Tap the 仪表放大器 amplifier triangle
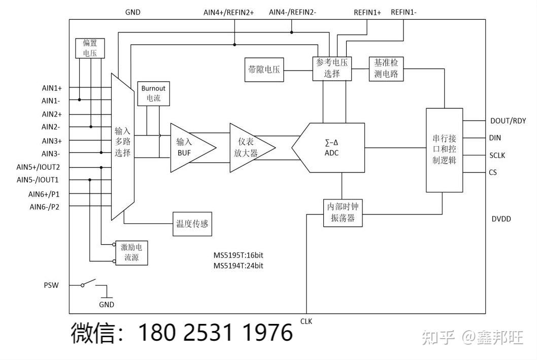click(x=249, y=148)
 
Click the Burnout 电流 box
click(x=153, y=93)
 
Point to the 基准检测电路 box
click(x=386, y=68)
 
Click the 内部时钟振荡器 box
click(x=343, y=213)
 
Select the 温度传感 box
click(x=192, y=223)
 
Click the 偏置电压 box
click(x=89, y=48)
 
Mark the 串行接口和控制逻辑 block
click(x=444, y=150)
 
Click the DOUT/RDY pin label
click(x=508, y=121)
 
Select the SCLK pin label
click(x=497, y=155)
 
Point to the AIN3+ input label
click(x=52, y=141)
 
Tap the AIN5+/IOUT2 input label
click(x=38, y=167)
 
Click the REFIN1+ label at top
click(x=367, y=12)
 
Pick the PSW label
click(x=51, y=285)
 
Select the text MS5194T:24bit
click(x=238, y=266)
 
